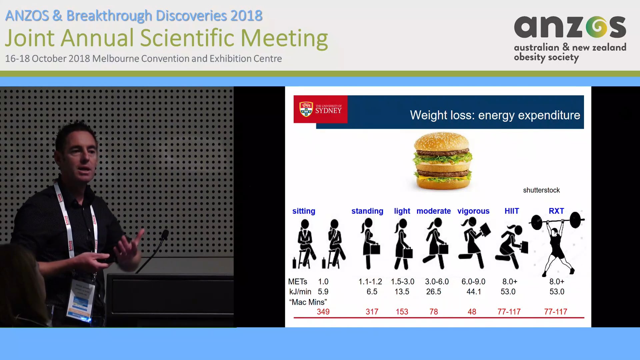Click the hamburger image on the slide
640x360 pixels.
[443, 162]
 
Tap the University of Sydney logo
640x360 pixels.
[320, 109]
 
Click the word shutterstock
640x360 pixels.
[541, 190]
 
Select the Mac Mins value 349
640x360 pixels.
[323, 312]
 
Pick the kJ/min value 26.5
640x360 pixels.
[433, 292]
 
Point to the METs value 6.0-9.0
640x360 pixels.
[473, 282]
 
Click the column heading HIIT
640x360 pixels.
[512, 211]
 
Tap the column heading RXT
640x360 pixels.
[556, 211]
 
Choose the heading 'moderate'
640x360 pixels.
[433, 211]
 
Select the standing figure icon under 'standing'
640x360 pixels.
[369, 243]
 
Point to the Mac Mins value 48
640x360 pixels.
[472, 312]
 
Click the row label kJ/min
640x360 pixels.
[300, 292]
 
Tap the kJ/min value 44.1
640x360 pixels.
[474, 292]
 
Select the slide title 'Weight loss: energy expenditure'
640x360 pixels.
[495, 115]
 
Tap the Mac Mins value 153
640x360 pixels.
[402, 312]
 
